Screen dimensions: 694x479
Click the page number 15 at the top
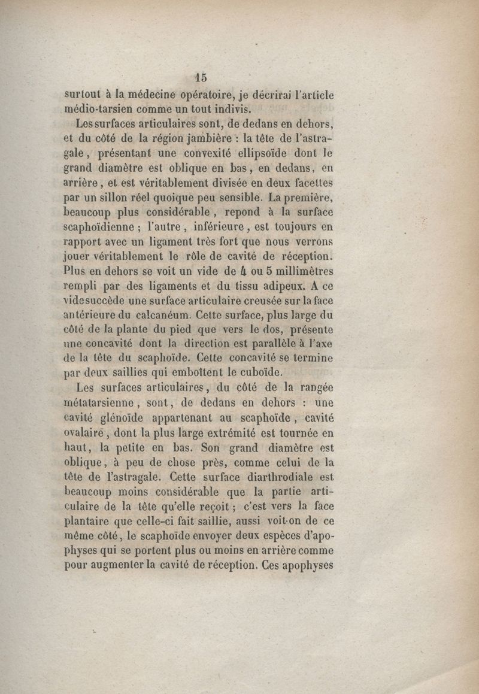200,77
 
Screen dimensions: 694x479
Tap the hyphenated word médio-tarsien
99,110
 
